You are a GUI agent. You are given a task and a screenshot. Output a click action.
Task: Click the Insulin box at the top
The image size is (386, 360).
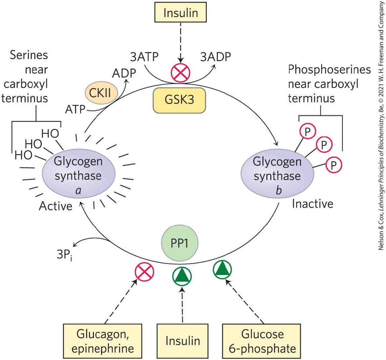pyautogui.click(x=181, y=13)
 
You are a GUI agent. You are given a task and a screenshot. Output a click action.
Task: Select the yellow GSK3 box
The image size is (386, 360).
pyautogui.click(x=179, y=100)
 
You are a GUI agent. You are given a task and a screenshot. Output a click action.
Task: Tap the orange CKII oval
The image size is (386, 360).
pyautogui.click(x=100, y=92)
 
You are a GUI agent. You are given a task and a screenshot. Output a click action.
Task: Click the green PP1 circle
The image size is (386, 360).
pyautogui.click(x=180, y=242)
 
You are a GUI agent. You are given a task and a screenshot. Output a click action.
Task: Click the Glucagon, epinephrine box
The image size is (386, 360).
pyautogui.click(x=103, y=341)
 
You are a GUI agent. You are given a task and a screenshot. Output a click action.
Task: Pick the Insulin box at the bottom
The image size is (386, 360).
pyautogui.click(x=183, y=341)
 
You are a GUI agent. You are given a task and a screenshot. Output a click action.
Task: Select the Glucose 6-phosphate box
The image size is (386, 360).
pyautogui.click(x=262, y=341)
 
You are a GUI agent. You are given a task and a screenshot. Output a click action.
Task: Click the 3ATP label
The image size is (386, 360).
pyautogui.click(x=144, y=57)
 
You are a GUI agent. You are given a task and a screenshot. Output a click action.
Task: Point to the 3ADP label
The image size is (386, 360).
pyautogui.click(x=215, y=57)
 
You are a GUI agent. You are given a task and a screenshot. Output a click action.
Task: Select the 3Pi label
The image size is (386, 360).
pyautogui.click(x=64, y=255)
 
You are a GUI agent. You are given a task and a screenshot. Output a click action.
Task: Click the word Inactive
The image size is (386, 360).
pyautogui.click(x=312, y=204)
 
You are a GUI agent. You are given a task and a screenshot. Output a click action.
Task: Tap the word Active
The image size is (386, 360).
pyautogui.click(x=56, y=206)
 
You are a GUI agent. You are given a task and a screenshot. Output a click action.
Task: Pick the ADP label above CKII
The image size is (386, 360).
pyautogui.click(x=124, y=73)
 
